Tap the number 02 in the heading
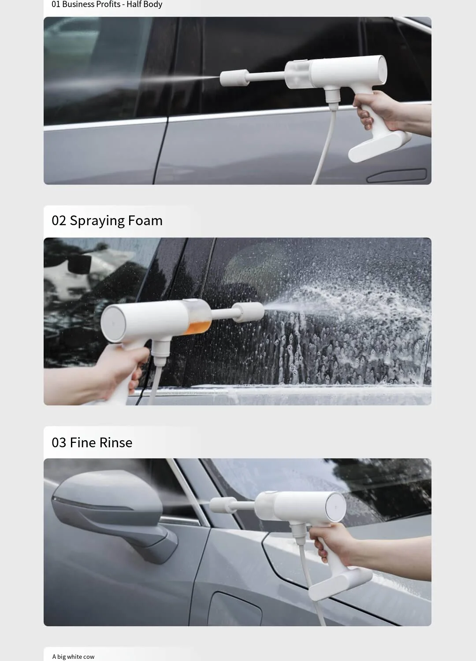(59, 221)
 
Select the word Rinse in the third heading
(115, 442)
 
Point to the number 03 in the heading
(59, 442)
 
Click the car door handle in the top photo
(397, 175)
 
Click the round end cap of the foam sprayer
(113, 324)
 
